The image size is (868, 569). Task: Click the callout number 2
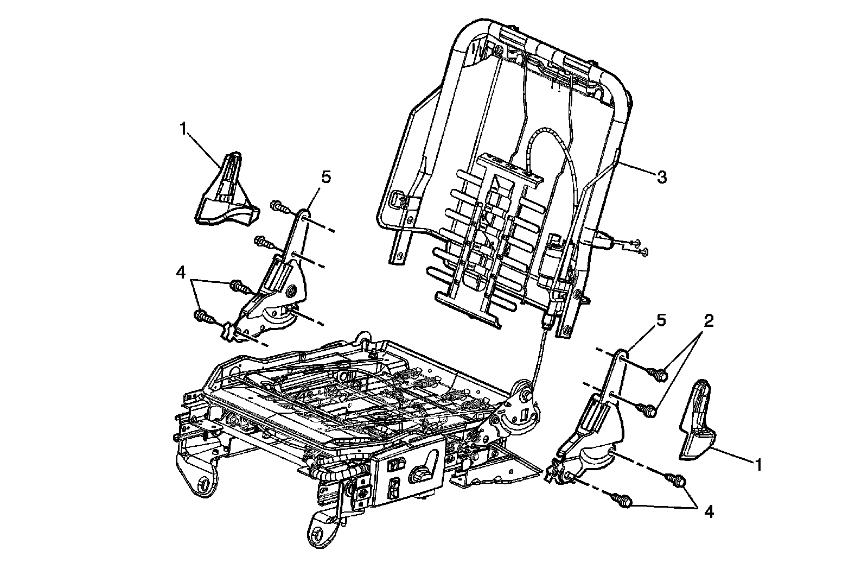(708, 321)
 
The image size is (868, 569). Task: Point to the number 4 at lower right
(708, 511)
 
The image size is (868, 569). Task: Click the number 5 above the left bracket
(325, 177)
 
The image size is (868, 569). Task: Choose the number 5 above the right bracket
(660, 321)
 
